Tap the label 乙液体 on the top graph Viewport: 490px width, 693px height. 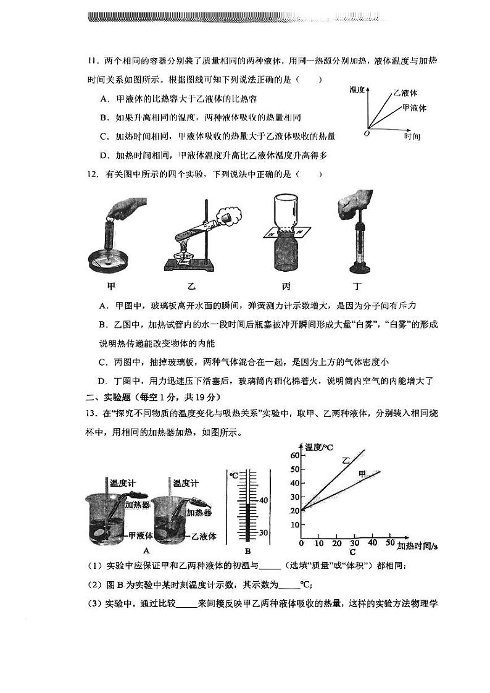(x=405, y=93)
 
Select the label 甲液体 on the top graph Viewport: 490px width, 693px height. (x=414, y=107)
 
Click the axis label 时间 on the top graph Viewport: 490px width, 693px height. (x=412, y=136)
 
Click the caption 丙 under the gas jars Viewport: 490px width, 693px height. (x=286, y=286)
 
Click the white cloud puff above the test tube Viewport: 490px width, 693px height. (x=230, y=216)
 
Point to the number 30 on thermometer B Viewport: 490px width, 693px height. (x=263, y=533)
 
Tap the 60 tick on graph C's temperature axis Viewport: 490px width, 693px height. (x=294, y=455)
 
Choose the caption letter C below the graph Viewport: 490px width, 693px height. (x=352, y=552)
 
